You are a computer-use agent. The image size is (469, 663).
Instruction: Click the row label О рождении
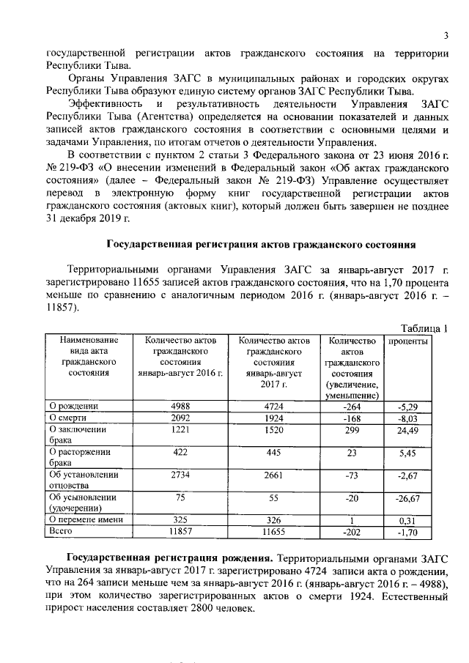tap(74, 405)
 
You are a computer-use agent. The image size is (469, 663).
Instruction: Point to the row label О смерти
tap(68, 417)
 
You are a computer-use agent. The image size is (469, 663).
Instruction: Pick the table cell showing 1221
tap(180, 429)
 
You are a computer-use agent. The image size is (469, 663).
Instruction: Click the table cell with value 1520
tap(272, 429)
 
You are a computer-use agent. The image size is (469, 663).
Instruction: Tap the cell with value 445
tap(272, 453)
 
